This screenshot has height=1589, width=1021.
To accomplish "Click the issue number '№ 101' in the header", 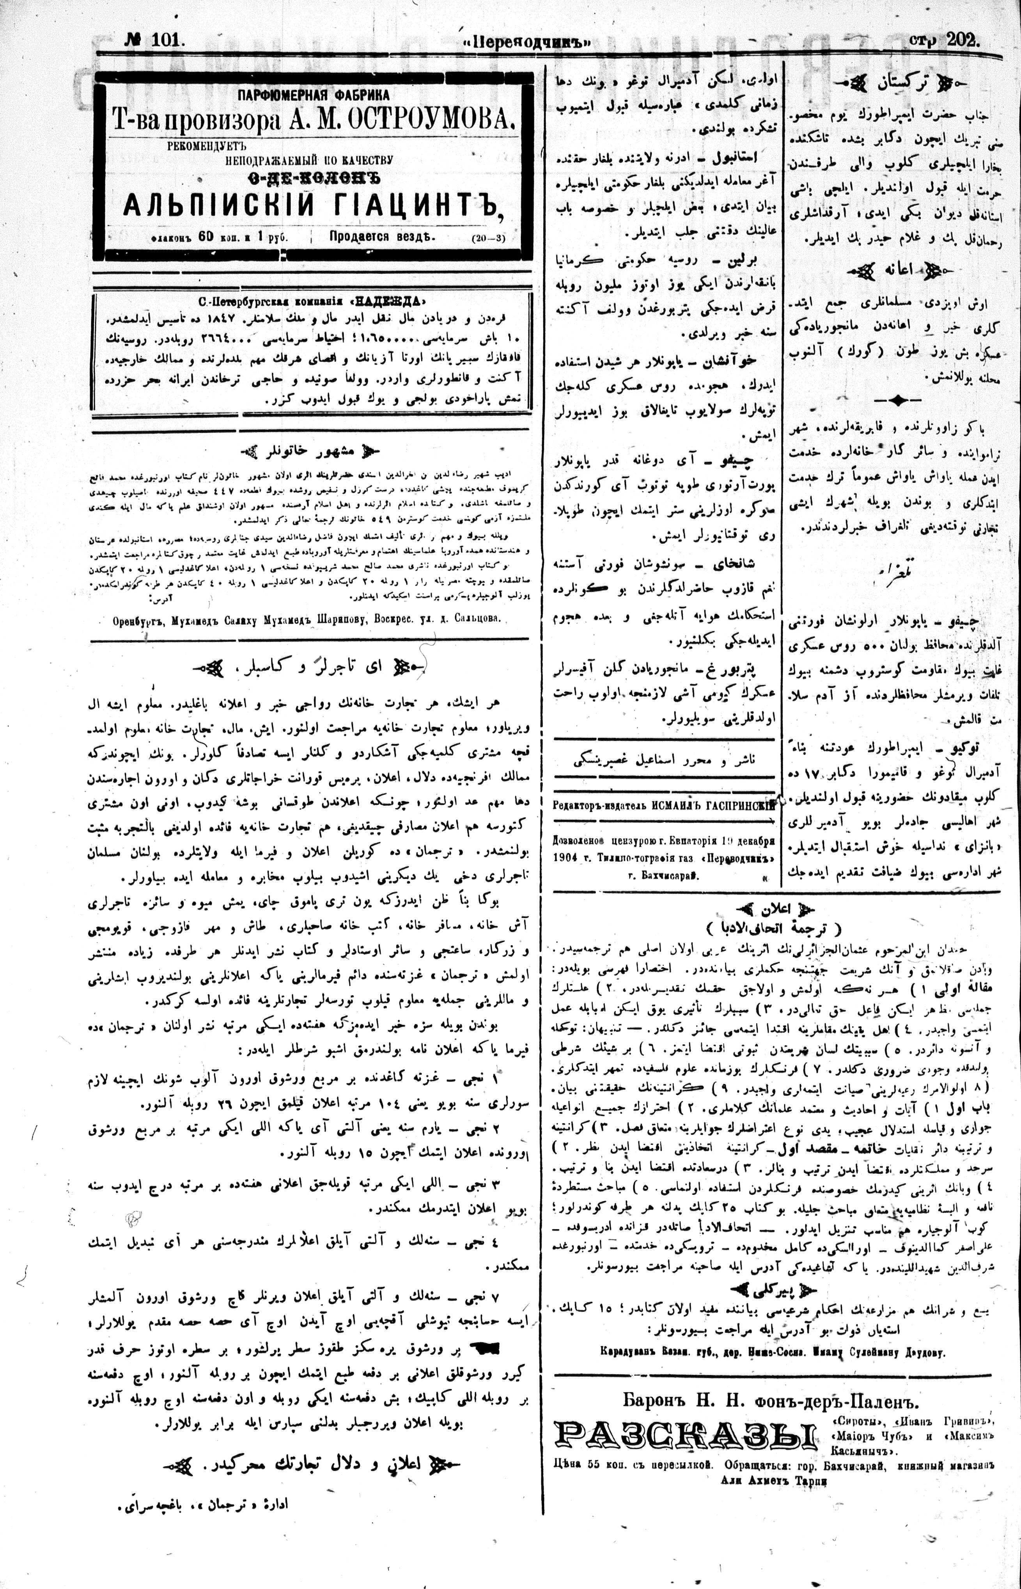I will coord(153,41).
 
